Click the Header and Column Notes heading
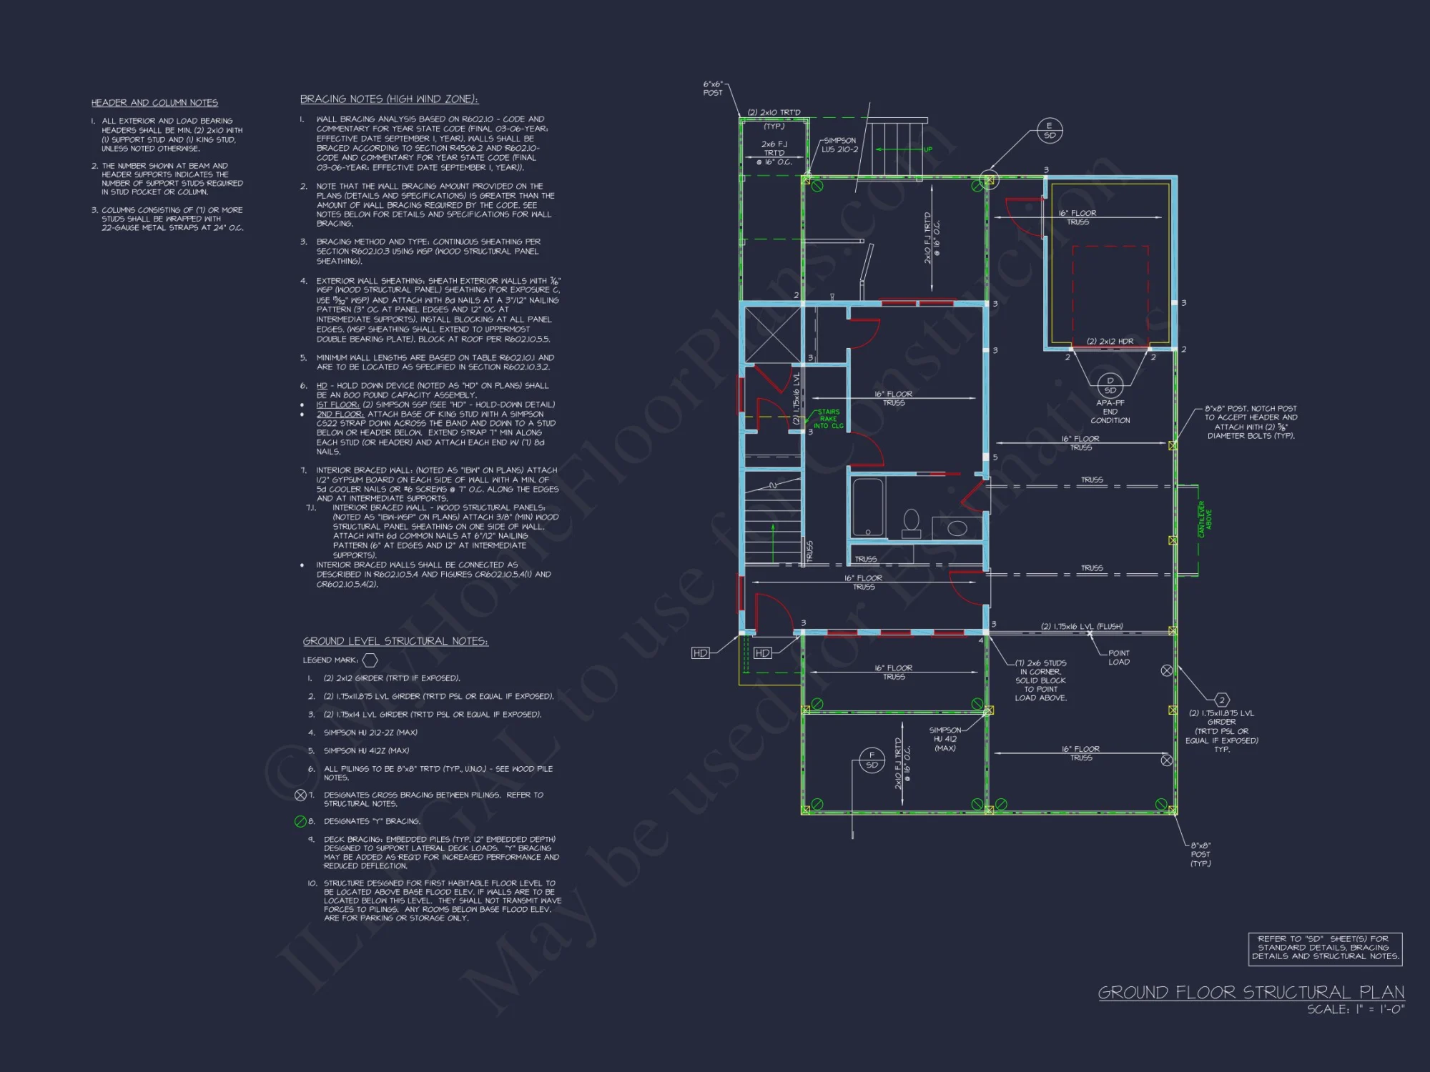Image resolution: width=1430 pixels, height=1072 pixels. click(154, 103)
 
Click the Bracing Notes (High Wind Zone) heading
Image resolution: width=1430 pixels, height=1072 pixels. click(389, 99)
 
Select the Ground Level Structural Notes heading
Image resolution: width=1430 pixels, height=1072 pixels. click(395, 641)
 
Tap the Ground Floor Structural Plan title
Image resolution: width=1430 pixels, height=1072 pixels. click(1251, 992)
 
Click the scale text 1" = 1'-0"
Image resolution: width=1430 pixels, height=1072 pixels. click(1356, 1010)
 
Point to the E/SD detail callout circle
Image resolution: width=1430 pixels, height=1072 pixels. click(1049, 131)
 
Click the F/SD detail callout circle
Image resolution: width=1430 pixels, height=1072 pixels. click(872, 760)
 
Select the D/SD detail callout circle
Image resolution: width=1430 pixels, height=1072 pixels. click(1110, 386)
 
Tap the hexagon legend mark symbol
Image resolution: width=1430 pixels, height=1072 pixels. click(370, 660)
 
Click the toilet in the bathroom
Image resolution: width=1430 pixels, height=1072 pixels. click(911, 522)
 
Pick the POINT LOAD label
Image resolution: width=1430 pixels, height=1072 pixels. click(1119, 657)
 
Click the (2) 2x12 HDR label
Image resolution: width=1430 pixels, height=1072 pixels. click(1110, 342)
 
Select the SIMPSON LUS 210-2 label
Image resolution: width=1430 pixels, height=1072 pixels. click(839, 145)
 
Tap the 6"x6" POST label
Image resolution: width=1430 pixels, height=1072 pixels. click(713, 89)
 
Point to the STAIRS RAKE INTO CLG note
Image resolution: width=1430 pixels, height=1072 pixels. click(828, 419)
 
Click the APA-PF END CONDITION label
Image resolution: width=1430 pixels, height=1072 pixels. click(1110, 412)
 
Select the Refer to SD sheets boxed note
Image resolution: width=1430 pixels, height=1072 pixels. click(1325, 948)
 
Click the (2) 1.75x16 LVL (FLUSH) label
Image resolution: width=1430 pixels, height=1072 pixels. click(1081, 627)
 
